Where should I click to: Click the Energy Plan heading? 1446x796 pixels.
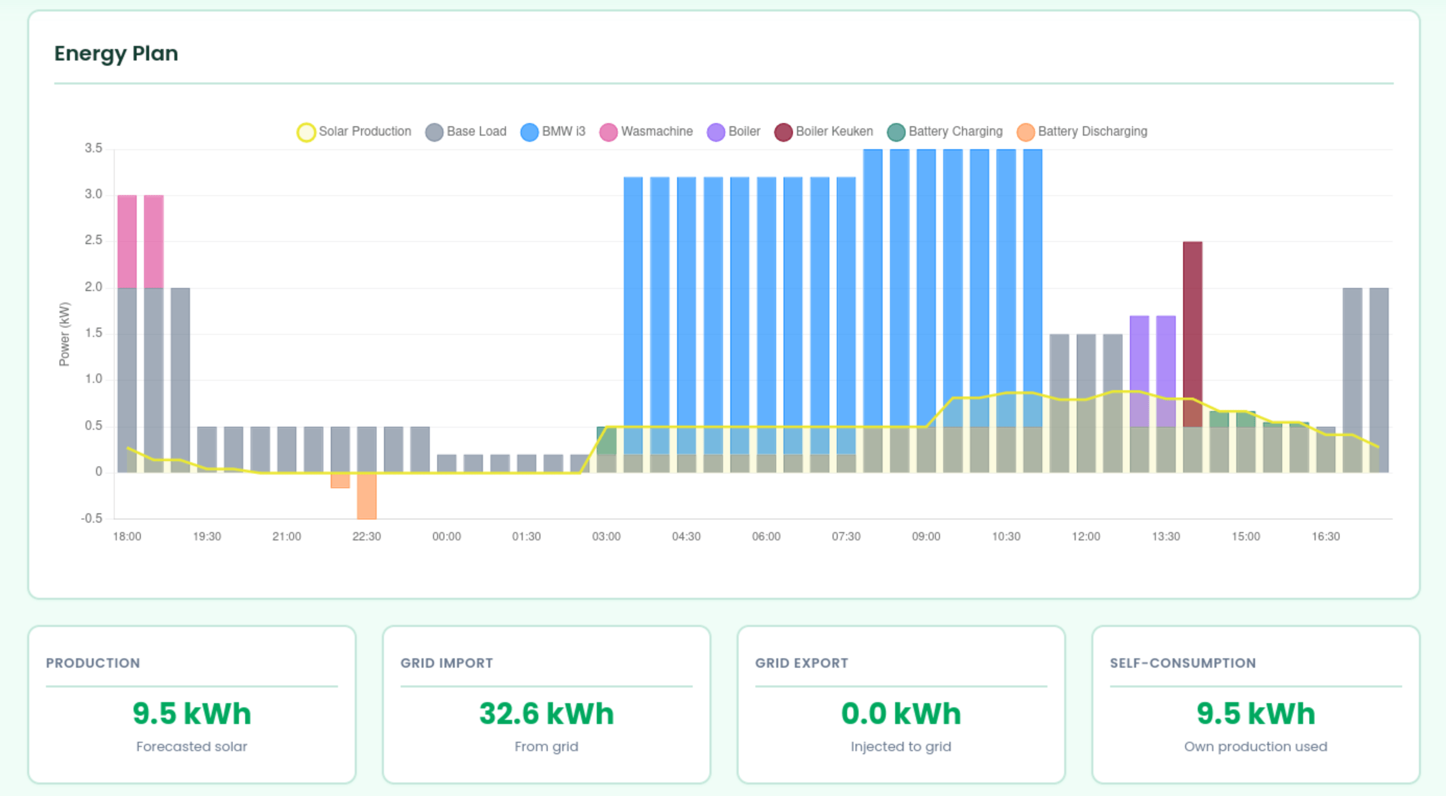(x=116, y=53)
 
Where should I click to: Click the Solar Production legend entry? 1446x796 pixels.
(x=354, y=131)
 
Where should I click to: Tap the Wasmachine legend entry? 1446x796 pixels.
(x=646, y=131)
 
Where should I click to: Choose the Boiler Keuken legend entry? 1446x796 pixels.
(x=824, y=131)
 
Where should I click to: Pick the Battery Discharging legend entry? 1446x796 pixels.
(x=1082, y=131)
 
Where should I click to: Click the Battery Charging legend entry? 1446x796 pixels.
(x=945, y=131)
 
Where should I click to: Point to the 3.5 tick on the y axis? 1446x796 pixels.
(x=93, y=148)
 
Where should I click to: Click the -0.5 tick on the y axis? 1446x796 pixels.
(x=91, y=518)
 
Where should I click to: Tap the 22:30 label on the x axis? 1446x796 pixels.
(x=367, y=537)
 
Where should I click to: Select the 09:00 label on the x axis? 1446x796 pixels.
(x=925, y=537)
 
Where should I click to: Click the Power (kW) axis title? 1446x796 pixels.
(x=65, y=334)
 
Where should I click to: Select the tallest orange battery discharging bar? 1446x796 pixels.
(x=367, y=496)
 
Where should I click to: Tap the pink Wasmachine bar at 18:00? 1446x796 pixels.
(x=127, y=242)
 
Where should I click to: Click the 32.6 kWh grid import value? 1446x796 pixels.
(x=546, y=714)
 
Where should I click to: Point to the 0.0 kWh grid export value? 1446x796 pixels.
(x=900, y=714)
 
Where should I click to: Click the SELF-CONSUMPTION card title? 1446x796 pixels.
(x=1182, y=663)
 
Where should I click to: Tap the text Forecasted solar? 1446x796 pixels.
(x=191, y=746)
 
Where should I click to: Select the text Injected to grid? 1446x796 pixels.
(x=900, y=746)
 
